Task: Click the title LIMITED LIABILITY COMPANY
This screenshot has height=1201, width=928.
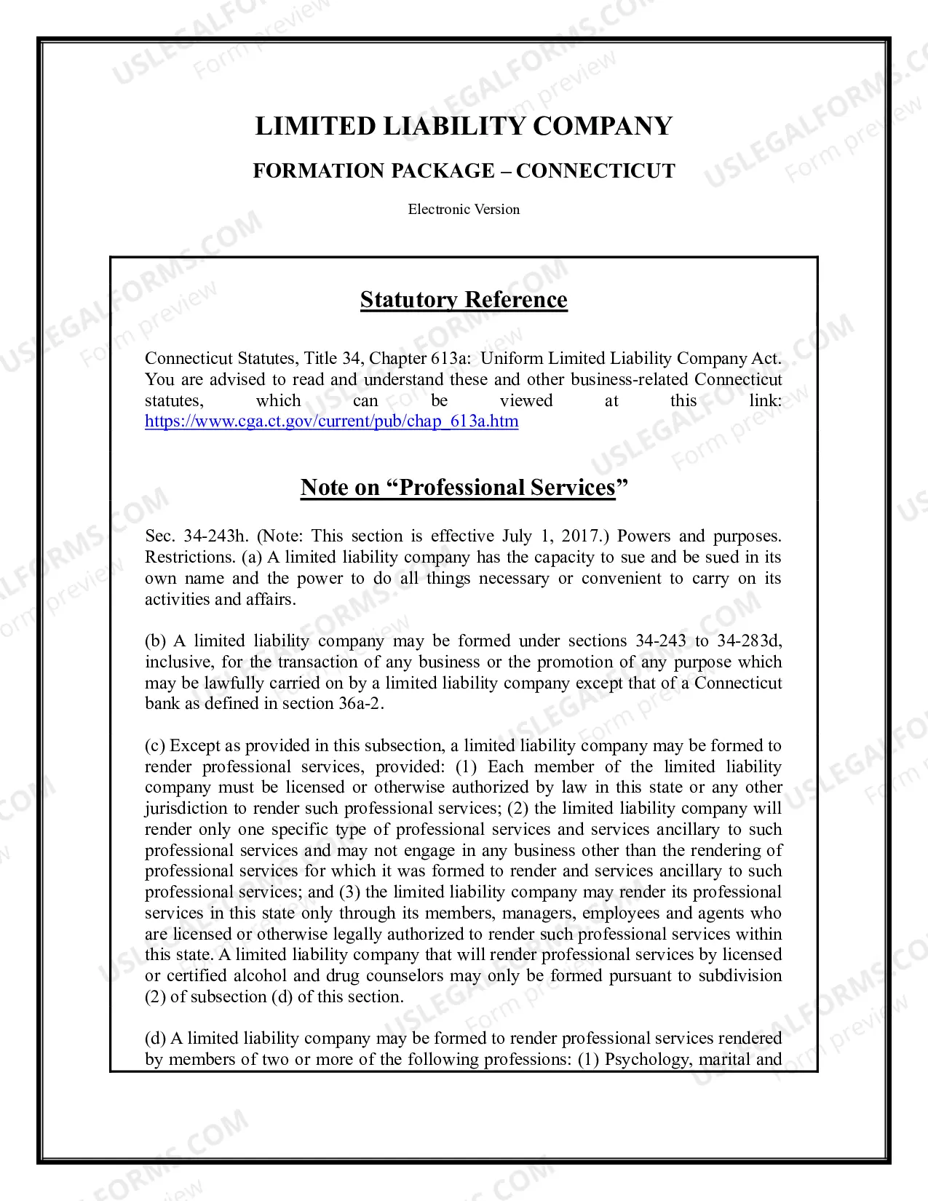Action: [x=464, y=126]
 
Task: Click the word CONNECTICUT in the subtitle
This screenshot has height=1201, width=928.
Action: [x=595, y=171]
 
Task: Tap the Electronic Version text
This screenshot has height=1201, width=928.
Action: [x=464, y=210]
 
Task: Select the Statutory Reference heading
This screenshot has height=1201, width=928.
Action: [x=464, y=300]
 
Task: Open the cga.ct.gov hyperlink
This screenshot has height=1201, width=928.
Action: [x=331, y=421]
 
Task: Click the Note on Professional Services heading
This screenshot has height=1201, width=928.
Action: [x=464, y=487]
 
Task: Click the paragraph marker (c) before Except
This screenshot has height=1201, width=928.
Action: [x=155, y=746]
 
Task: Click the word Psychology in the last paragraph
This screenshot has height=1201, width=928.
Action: [x=647, y=1060]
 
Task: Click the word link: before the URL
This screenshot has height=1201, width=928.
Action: [x=765, y=401]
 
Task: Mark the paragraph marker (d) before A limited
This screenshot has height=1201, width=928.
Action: [x=155, y=1039]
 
